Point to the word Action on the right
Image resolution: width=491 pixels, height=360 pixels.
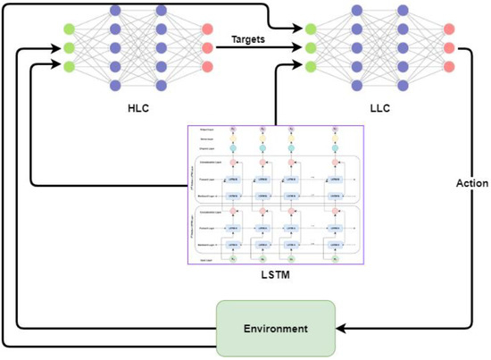[x=472, y=183]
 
